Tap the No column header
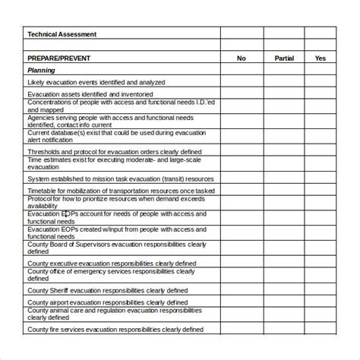(242, 58)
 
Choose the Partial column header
(284, 58)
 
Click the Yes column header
(321, 58)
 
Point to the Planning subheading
(42, 70)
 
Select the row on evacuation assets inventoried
(86, 94)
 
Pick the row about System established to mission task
(121, 178)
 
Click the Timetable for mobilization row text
(121, 191)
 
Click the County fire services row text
(115, 330)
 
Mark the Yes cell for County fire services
(321, 330)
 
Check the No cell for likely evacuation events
(242, 82)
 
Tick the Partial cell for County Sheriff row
(284, 289)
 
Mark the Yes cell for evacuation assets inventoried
(321, 94)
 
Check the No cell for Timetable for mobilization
(242, 191)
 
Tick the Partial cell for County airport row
(284, 302)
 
